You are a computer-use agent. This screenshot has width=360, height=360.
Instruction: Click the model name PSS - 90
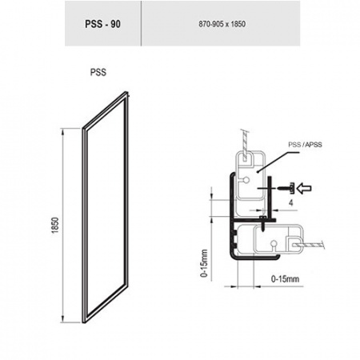[102, 24]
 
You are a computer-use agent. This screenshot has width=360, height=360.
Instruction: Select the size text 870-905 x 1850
[222, 24]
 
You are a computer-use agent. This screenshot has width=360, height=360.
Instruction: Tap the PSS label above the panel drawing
[98, 72]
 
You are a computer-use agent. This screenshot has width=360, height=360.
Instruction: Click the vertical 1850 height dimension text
[55, 226]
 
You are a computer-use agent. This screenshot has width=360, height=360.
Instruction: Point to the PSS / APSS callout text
[305, 145]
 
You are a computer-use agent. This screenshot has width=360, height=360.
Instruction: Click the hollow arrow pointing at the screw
[304, 188]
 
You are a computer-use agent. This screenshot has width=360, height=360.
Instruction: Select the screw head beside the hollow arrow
[292, 188]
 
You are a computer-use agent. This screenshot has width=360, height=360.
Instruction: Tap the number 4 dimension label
[291, 203]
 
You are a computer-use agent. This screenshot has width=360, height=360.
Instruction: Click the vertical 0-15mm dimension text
[204, 263]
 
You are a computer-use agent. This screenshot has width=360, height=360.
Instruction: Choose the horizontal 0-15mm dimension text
[285, 279]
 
